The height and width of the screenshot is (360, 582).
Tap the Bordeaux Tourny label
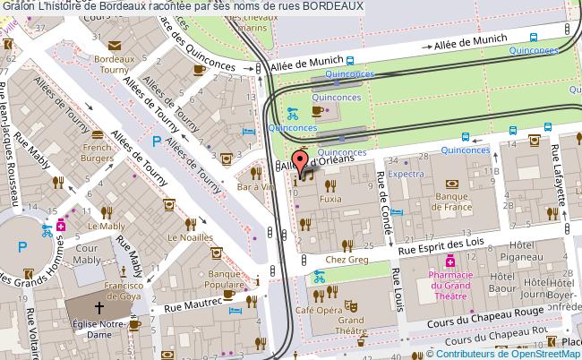(x=118, y=64)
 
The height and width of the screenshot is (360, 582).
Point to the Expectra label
(x=407, y=175)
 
